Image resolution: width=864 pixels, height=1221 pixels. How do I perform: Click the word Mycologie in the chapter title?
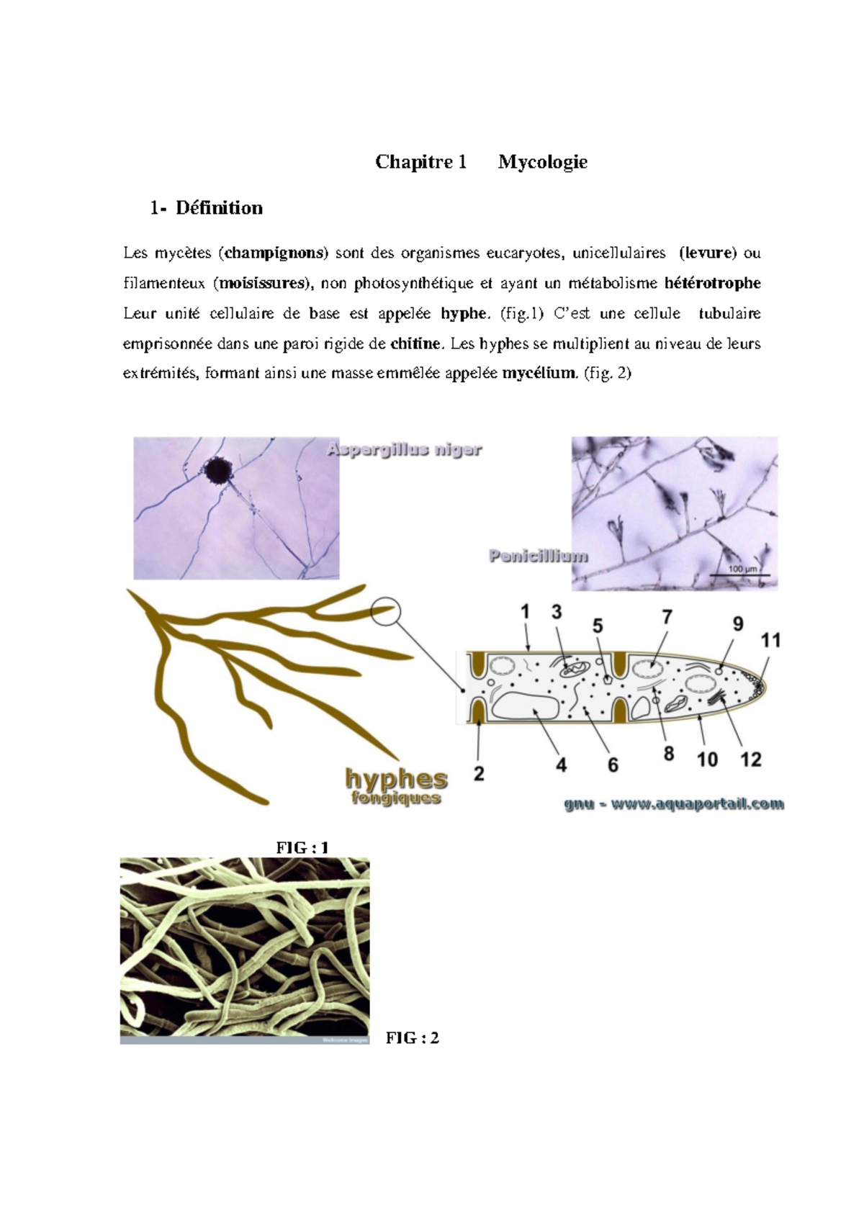tap(542, 162)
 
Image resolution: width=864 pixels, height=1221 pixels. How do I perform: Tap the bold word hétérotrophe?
tap(712, 283)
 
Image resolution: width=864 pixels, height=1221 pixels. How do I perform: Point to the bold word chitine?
tap(415, 343)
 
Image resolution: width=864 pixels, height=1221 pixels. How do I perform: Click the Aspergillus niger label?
tap(404, 450)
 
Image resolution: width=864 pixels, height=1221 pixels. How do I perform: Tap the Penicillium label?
tap(538, 556)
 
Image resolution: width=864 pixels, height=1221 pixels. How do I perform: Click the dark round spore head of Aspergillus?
tap(217, 471)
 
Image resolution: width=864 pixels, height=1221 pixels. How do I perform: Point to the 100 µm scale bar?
tap(744, 574)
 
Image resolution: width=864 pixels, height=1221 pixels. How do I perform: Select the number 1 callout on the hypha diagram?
tap(526, 612)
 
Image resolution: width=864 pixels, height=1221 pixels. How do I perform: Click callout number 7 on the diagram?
tap(667, 617)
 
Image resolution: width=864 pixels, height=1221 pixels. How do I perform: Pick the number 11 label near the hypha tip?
tap(770, 640)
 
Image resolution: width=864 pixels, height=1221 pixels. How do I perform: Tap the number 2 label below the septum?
tap(479, 774)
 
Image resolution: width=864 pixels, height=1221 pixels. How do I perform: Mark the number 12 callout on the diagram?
tap(751, 760)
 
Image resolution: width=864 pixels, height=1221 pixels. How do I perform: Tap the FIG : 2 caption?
tap(412, 1037)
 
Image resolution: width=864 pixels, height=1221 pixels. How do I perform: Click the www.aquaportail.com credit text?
tap(696, 804)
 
